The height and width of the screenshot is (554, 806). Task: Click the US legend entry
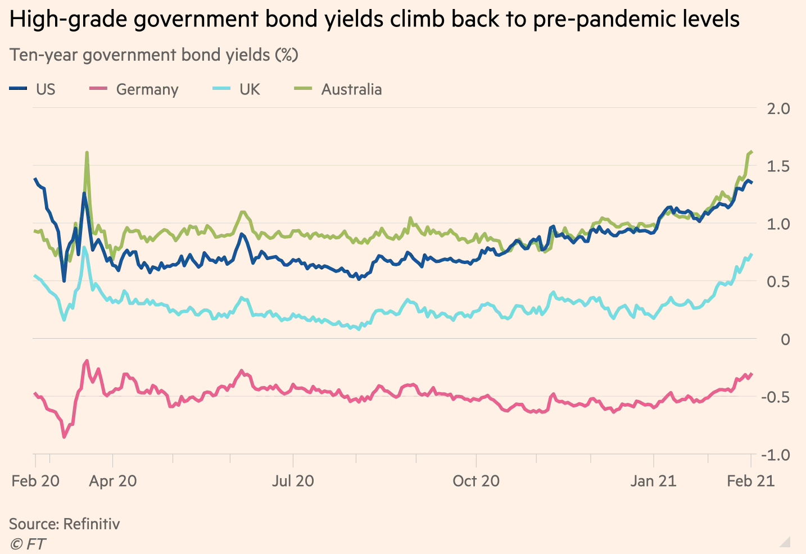(x=33, y=89)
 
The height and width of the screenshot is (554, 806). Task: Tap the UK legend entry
(x=237, y=89)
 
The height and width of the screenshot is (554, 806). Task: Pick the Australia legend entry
(x=339, y=89)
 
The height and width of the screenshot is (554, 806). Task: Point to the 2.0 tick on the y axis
(x=778, y=108)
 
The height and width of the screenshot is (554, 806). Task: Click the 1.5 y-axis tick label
(x=778, y=166)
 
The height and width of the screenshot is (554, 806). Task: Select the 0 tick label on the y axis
(x=785, y=339)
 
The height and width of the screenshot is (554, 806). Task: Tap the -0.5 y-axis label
(x=776, y=397)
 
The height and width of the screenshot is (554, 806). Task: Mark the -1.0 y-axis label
(x=776, y=455)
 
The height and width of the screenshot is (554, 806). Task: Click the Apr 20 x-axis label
(x=113, y=481)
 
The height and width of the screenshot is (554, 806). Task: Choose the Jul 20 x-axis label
(x=293, y=481)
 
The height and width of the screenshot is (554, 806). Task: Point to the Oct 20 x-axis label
(x=476, y=481)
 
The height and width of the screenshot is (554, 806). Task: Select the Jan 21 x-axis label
(x=653, y=481)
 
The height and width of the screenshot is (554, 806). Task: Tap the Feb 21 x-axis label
(x=750, y=481)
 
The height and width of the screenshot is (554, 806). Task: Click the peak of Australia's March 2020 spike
(x=87, y=152)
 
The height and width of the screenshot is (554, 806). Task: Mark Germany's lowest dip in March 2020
(x=64, y=437)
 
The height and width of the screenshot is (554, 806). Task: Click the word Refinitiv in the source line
(x=92, y=524)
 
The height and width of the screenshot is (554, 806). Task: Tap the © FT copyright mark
(x=28, y=544)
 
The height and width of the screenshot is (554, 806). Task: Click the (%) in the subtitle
(x=286, y=55)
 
